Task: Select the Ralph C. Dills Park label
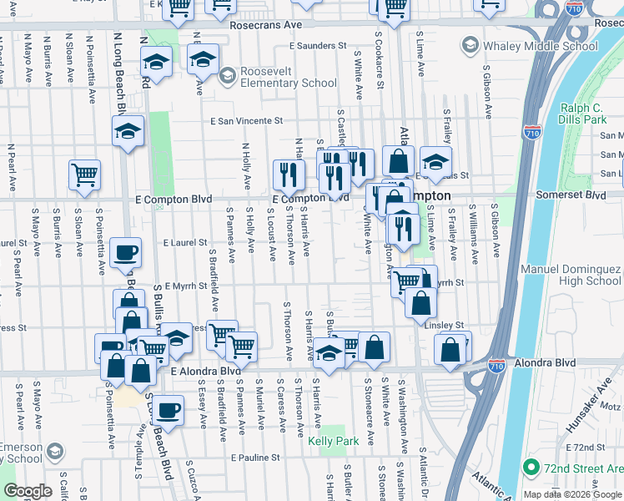pyautogui.click(x=582, y=114)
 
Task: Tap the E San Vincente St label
pyautogui.click(x=247, y=121)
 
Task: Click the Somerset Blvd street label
pyautogui.click(x=571, y=195)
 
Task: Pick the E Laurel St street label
pyautogui.click(x=185, y=242)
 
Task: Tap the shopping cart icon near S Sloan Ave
pyautogui.click(x=84, y=175)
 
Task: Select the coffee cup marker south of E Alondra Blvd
pyautogui.click(x=168, y=410)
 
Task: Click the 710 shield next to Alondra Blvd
pyautogui.click(x=496, y=366)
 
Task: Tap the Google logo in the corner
pyautogui.click(x=28, y=491)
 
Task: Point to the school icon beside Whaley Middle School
pyautogui.click(x=470, y=46)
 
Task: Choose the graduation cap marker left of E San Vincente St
pyautogui.click(x=128, y=131)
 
